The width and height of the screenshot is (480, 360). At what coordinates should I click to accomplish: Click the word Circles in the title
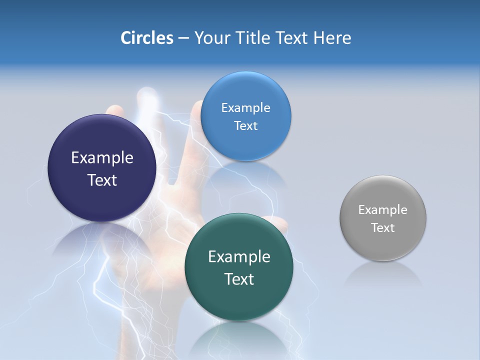click(x=147, y=38)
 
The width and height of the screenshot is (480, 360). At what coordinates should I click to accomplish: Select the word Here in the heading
click(x=332, y=38)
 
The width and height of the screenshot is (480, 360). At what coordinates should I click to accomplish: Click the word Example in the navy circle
click(x=102, y=158)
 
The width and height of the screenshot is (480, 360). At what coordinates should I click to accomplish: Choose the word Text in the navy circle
click(x=102, y=180)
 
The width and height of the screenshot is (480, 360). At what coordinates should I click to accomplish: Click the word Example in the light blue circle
click(x=245, y=108)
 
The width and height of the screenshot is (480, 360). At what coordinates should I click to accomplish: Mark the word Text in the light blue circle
click(x=245, y=126)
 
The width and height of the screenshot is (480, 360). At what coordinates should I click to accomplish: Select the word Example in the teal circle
click(x=239, y=257)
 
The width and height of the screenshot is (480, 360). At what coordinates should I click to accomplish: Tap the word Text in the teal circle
click(x=239, y=279)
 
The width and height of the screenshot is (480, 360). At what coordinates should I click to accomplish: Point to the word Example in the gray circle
click(x=383, y=210)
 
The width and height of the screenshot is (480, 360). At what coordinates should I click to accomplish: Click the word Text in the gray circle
click(x=383, y=228)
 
